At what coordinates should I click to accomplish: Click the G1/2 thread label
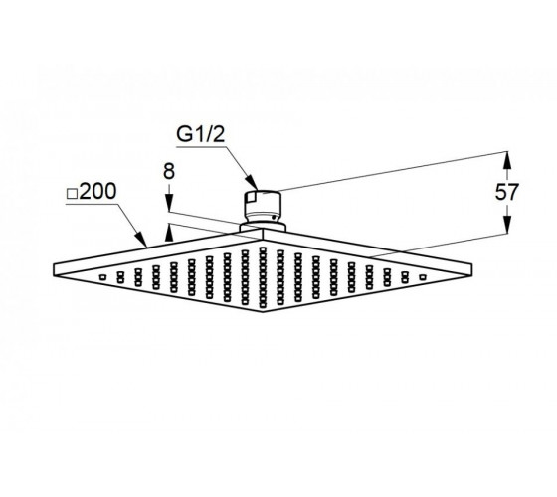click(201, 134)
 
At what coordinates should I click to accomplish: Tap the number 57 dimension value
click(507, 193)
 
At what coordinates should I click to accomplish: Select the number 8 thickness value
click(169, 171)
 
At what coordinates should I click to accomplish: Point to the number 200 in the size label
click(97, 191)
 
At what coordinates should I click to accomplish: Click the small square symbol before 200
click(72, 194)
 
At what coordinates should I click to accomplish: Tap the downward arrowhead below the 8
click(169, 205)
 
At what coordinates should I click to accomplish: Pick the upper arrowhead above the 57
click(507, 160)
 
